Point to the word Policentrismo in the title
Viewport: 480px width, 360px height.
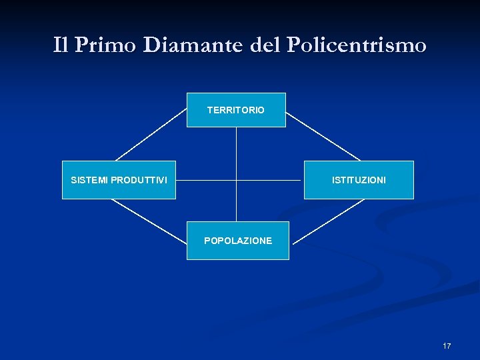click(357, 45)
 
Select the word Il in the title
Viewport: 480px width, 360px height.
click(61, 45)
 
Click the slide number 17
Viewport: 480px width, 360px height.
click(447, 346)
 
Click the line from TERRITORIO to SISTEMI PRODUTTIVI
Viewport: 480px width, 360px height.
click(151, 135)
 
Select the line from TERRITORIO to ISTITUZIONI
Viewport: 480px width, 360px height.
click(323, 135)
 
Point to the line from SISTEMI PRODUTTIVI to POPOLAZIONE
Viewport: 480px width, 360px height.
click(148, 220)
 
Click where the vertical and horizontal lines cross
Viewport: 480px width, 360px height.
click(237, 180)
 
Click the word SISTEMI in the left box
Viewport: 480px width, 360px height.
click(90, 180)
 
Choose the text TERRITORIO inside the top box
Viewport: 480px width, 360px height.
click(236, 110)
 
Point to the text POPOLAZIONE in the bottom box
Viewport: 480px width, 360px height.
click(238, 241)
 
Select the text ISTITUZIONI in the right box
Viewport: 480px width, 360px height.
click(359, 181)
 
